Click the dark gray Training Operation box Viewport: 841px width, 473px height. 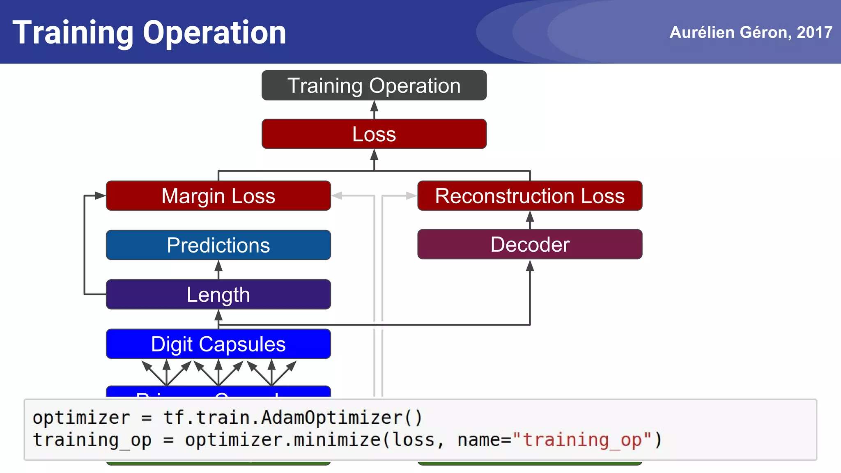[374, 85]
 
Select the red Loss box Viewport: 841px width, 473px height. [374, 134]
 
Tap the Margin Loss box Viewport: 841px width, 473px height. [218, 196]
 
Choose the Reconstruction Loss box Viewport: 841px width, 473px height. [530, 196]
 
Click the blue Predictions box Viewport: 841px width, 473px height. [218, 245]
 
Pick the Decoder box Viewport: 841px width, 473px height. [530, 244]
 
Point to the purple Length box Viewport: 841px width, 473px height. [218, 294]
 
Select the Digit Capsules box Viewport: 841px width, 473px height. [218, 344]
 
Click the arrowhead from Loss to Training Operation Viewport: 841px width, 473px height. [374, 106]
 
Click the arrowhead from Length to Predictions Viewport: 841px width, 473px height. [218, 266]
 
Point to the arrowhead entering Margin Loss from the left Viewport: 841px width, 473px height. [100, 196]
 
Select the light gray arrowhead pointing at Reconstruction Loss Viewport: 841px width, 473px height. [411, 196]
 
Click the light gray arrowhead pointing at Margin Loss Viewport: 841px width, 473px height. [338, 196]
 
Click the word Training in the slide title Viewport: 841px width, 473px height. [73, 33]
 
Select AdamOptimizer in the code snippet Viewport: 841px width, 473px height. [332, 418]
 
